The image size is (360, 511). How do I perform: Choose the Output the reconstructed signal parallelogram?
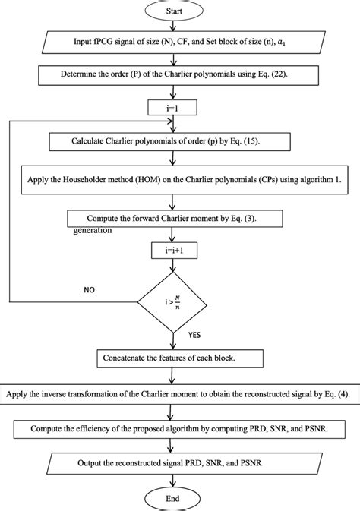[177, 462]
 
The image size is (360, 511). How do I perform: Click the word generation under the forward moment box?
[93, 229]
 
